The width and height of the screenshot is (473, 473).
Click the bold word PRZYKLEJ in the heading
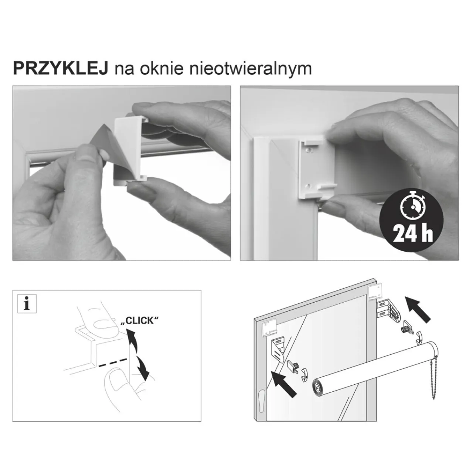click(x=60, y=69)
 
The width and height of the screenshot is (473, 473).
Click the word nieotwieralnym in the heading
click(x=251, y=69)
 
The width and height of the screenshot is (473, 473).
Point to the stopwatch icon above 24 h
click(x=412, y=207)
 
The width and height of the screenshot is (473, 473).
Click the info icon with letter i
click(x=27, y=304)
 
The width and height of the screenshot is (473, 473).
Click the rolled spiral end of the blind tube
click(x=318, y=388)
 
